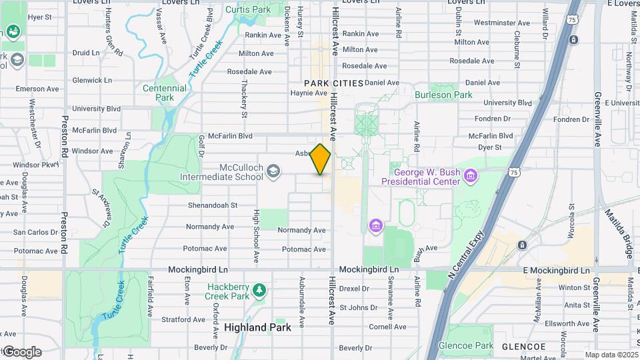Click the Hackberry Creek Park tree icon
tap(259, 291)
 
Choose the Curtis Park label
tap(247, 9)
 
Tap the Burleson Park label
tap(443, 95)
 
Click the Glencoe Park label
tap(471, 345)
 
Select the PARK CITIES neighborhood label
tap(333, 83)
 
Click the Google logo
tap(21, 351)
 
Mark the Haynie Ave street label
tap(307, 93)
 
